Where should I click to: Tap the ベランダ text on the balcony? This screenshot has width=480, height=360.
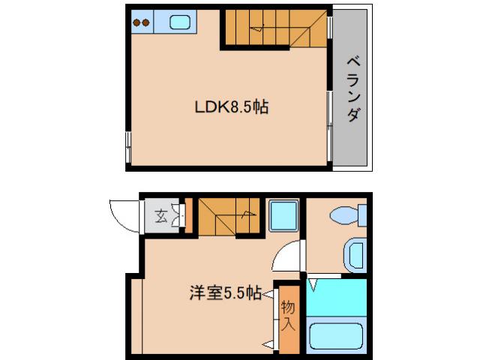pos(352,89)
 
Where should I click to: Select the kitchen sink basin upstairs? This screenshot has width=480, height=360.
pos(180,22)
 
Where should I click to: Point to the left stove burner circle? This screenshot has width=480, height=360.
pos(137,22)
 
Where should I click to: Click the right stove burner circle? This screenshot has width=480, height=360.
pos(147,22)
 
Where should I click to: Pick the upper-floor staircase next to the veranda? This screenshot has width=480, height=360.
pos(274,28)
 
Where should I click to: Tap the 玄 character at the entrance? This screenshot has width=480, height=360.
pos(160,217)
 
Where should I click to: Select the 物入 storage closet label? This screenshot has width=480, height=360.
pos(286,316)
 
